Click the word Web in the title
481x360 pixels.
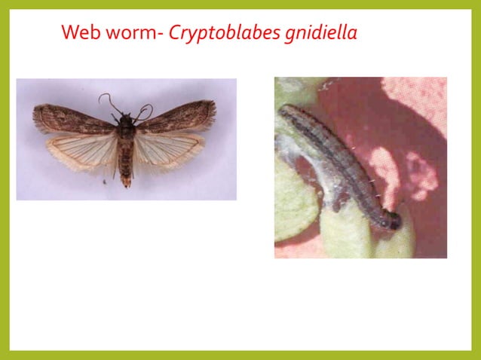pyautogui.click(x=78, y=32)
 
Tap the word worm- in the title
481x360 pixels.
pyautogui.click(x=130, y=32)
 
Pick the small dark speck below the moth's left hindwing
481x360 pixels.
pyautogui.click(x=104, y=181)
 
